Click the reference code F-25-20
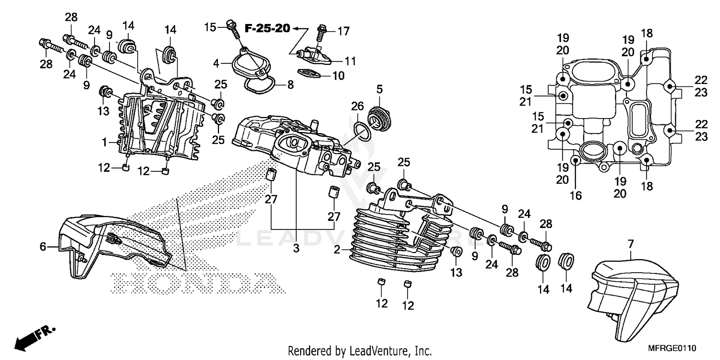point(267,28)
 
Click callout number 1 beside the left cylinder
point(104,143)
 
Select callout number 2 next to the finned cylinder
point(337,250)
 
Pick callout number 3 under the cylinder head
point(296,248)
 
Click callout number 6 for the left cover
point(43,247)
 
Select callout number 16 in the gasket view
point(576,195)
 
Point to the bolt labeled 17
point(322,33)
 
